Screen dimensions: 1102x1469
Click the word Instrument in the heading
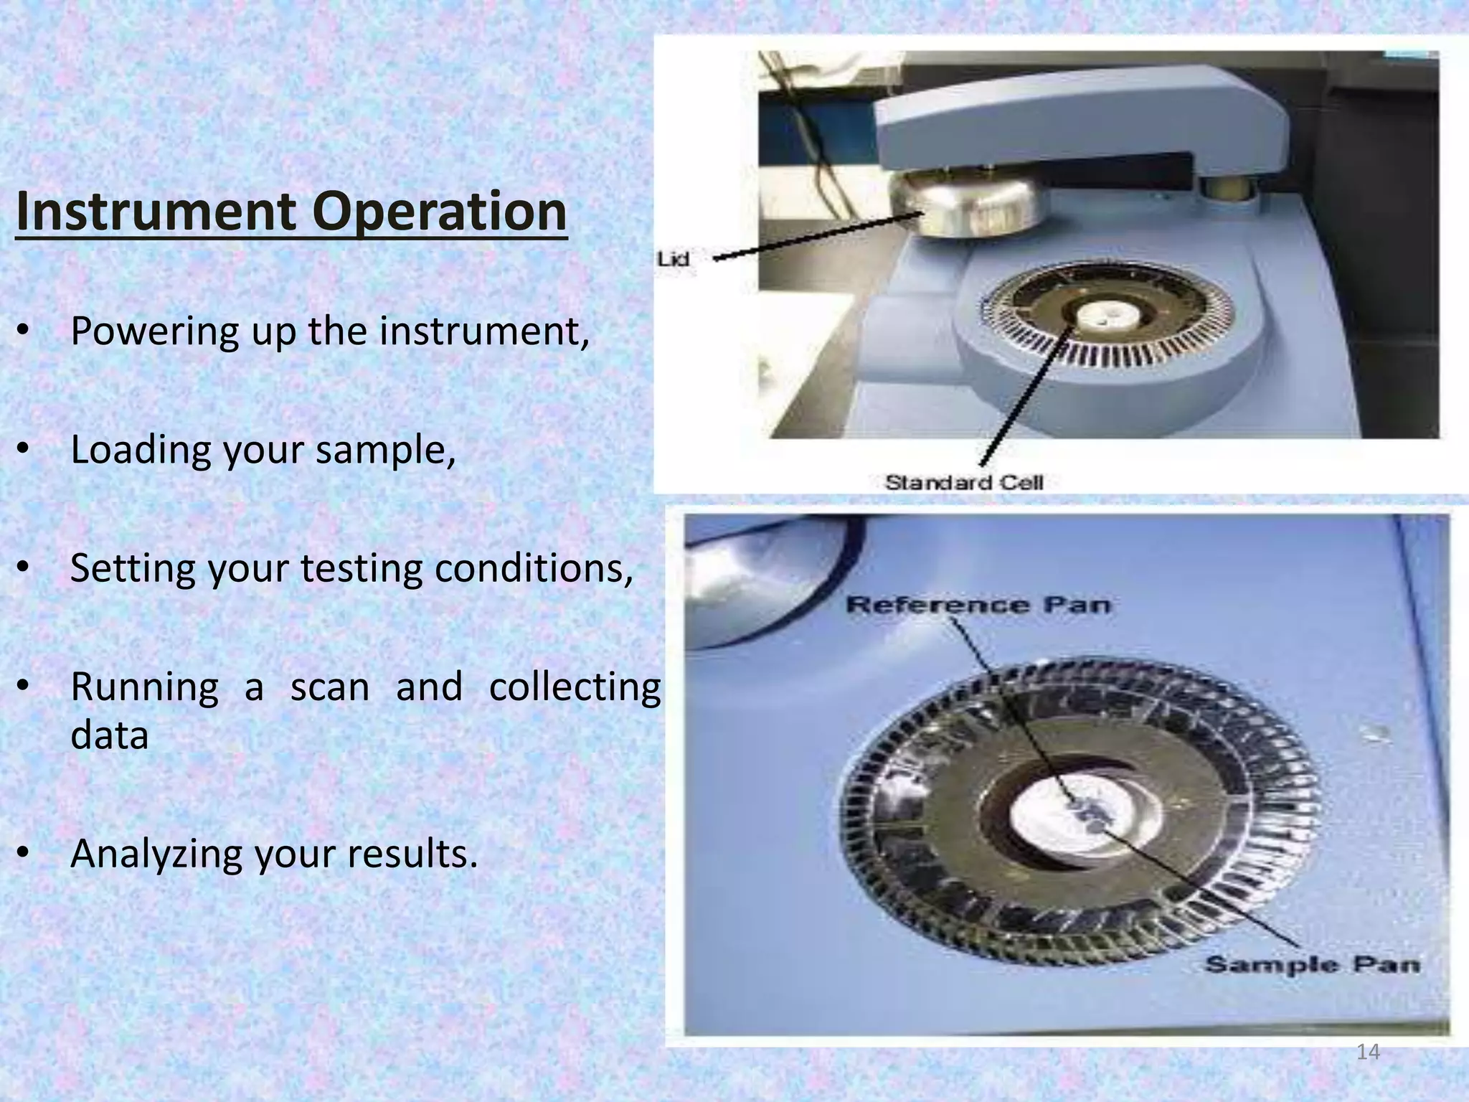pos(155,212)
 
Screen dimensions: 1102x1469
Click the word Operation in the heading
pos(439,212)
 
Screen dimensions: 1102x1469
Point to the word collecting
pos(575,687)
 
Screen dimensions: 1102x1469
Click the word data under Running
pos(109,735)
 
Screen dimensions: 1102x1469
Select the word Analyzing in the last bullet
pos(156,854)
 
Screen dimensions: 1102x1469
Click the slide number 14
pos(1368,1052)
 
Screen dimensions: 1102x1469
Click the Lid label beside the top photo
pos(674,259)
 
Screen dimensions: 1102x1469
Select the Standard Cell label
pos(963,483)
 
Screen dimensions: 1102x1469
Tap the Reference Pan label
pos(978,605)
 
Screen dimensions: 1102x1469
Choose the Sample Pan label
pos(1312,964)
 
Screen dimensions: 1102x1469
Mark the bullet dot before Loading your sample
pos(23,450)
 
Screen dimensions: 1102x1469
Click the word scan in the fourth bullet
pos(329,687)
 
